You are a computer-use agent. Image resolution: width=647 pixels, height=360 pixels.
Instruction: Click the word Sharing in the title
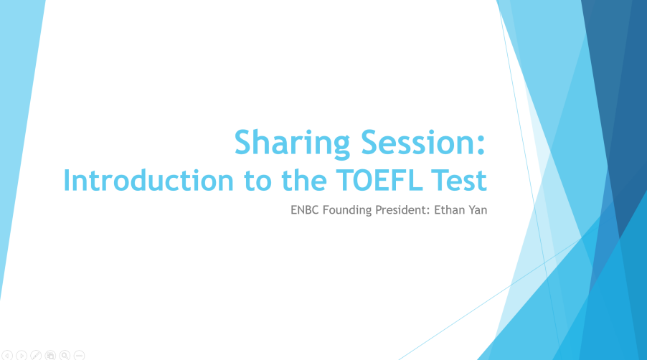coord(292,144)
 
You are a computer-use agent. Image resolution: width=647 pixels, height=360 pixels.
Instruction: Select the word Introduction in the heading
coord(148,180)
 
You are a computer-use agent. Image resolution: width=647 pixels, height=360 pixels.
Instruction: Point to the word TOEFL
coord(380,180)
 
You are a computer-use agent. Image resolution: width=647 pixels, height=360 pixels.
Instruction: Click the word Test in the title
coord(459,181)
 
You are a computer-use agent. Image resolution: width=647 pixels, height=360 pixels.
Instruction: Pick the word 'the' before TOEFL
coord(304,180)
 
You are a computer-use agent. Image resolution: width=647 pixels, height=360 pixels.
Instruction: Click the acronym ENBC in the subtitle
coord(305,210)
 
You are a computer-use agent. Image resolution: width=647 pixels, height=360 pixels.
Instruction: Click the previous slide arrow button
coord(7,355)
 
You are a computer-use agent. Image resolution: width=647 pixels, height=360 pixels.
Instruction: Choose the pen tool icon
coord(36,355)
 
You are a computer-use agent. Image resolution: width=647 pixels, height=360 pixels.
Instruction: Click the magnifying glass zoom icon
coord(65,355)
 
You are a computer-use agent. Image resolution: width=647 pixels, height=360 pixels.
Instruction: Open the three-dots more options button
coord(79,355)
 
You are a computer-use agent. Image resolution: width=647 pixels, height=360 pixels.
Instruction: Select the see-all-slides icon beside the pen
coord(50,355)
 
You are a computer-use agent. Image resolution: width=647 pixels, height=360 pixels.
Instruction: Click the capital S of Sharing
coord(243,142)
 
